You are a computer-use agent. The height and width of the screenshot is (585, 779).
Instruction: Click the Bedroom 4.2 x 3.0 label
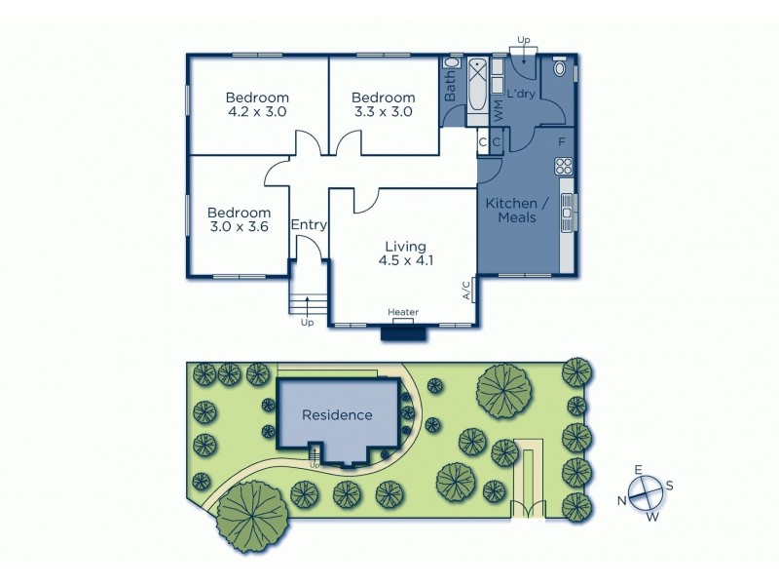(257, 104)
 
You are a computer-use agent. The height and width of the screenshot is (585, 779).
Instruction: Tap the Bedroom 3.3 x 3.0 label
(383, 104)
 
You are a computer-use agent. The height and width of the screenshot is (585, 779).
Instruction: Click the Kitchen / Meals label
(517, 210)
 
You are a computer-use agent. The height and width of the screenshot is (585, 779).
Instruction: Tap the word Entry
(309, 225)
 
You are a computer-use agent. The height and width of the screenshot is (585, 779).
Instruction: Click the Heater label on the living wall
(403, 312)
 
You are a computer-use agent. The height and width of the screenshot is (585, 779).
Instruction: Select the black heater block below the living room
(403, 332)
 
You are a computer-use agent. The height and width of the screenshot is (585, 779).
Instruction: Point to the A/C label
(466, 290)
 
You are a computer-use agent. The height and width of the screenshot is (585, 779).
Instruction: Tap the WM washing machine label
(498, 110)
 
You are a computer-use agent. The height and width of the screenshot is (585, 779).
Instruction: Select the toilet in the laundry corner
(560, 70)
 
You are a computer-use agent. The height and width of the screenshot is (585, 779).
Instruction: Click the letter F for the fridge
(562, 142)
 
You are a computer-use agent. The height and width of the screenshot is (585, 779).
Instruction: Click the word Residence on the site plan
(337, 414)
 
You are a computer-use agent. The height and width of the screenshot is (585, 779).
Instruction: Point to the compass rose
(645, 494)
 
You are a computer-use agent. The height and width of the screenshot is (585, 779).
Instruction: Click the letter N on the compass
(619, 500)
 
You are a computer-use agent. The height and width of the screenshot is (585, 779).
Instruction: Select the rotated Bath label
(451, 90)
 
